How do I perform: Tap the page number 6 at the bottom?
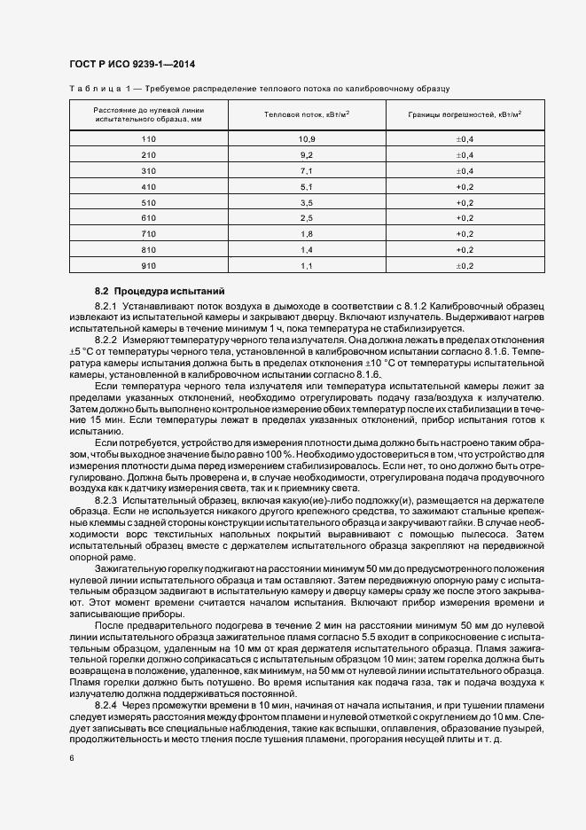[x=72, y=757]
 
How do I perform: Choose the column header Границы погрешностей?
[x=465, y=114]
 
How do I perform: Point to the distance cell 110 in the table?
[x=148, y=139]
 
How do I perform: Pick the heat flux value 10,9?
[x=307, y=139]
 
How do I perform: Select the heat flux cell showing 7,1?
[x=307, y=170]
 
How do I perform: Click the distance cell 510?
[x=148, y=202]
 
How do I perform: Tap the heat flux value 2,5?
[x=307, y=218]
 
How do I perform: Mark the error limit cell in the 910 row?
[x=465, y=265]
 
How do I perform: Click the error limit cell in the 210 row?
[x=465, y=155]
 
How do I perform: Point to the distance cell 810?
[x=148, y=249]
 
